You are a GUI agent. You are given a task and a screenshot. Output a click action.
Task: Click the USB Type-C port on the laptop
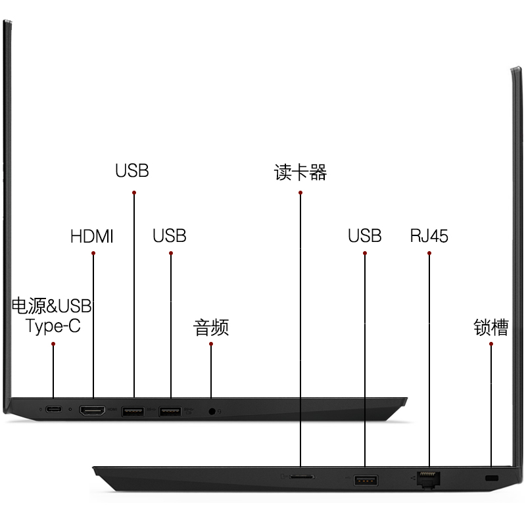click(x=54, y=409)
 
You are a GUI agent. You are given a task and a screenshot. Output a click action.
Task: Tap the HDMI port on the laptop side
click(x=92, y=410)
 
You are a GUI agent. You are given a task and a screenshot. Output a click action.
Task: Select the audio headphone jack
click(x=212, y=412)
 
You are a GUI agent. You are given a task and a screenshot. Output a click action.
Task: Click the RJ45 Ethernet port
click(x=429, y=480)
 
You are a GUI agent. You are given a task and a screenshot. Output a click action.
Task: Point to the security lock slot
click(x=492, y=478)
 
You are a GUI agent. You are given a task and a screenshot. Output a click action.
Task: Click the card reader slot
click(x=302, y=477)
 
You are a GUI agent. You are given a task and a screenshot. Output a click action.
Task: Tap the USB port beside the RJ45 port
click(x=366, y=481)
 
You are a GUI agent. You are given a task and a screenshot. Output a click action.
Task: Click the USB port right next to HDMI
click(x=133, y=412)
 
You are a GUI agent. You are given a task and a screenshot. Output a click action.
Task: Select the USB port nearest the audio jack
click(x=170, y=412)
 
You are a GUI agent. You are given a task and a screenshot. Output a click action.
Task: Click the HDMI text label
click(x=92, y=237)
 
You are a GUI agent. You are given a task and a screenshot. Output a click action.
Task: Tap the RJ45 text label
click(x=429, y=236)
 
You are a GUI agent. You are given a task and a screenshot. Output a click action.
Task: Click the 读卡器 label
click(x=300, y=172)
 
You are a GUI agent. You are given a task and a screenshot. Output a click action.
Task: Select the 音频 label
click(x=211, y=327)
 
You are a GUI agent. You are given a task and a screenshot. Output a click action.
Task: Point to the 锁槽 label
click(x=491, y=327)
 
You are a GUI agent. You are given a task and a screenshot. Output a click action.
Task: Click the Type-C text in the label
click(x=53, y=325)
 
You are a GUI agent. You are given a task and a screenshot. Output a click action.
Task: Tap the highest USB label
click(x=132, y=171)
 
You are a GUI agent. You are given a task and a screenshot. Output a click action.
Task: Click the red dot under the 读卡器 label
click(x=300, y=193)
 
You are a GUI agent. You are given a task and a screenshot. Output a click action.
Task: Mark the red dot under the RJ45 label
click(x=429, y=253)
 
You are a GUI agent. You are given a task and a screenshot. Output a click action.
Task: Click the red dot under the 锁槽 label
click(x=491, y=344)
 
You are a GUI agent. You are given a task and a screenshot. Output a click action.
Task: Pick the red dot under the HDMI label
click(x=93, y=253)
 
